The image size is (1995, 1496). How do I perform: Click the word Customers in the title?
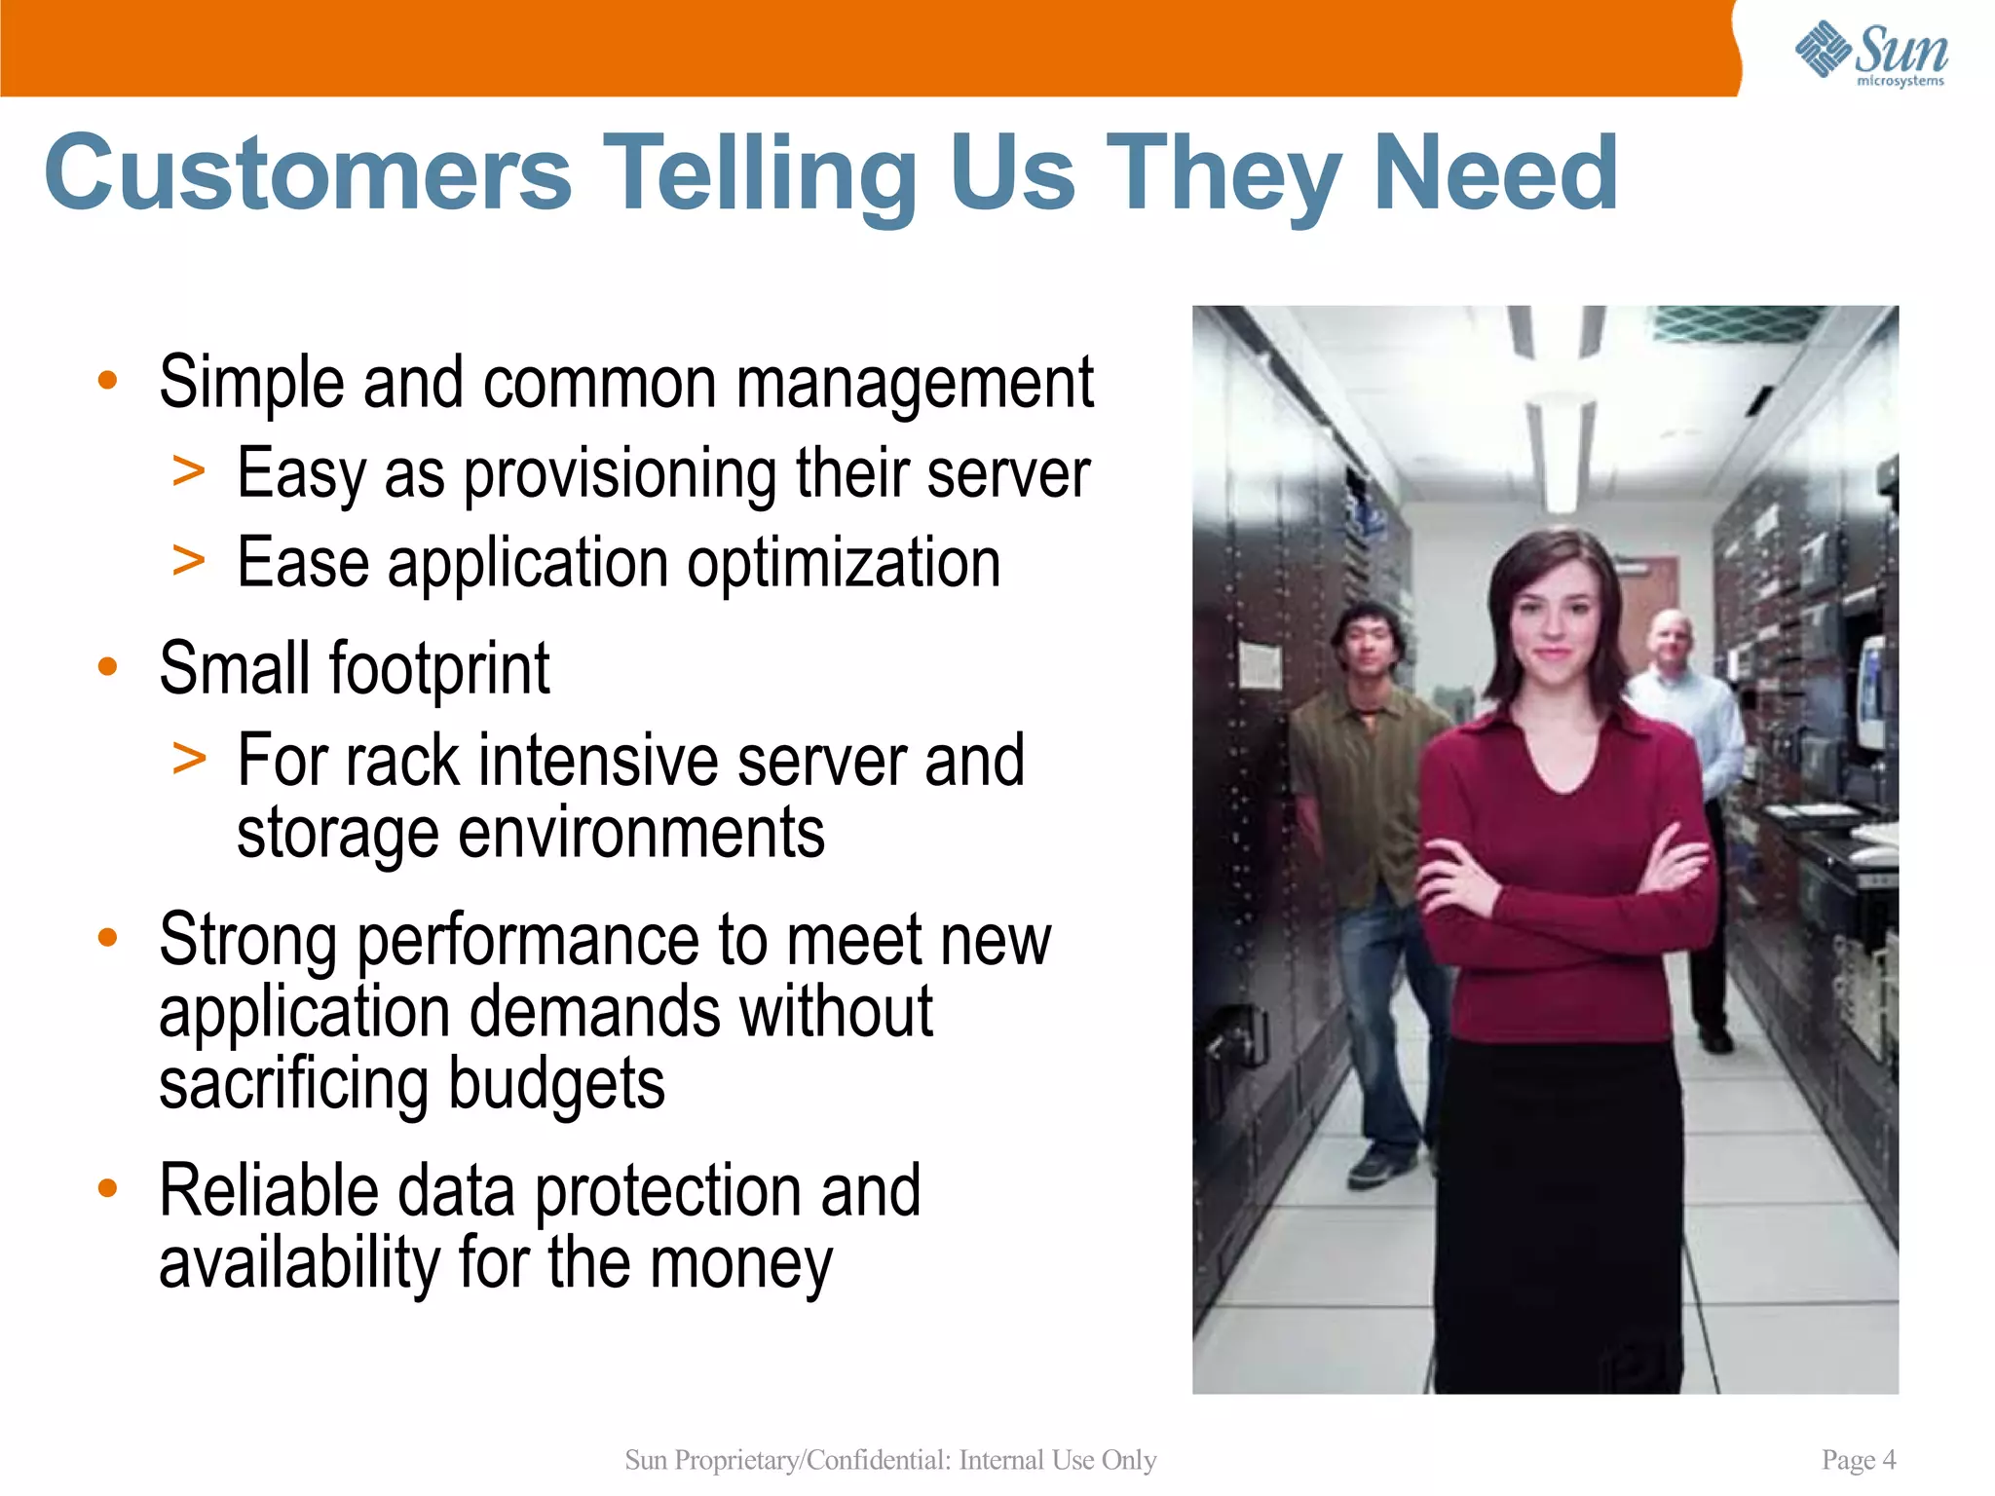tap(308, 173)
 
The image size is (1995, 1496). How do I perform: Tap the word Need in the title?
tap(1494, 173)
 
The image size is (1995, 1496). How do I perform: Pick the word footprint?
tap(439, 670)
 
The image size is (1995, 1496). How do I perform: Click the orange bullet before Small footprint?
tap(108, 667)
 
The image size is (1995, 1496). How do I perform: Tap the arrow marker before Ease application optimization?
tap(189, 562)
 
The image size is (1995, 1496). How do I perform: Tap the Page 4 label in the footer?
tap(1858, 1460)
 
